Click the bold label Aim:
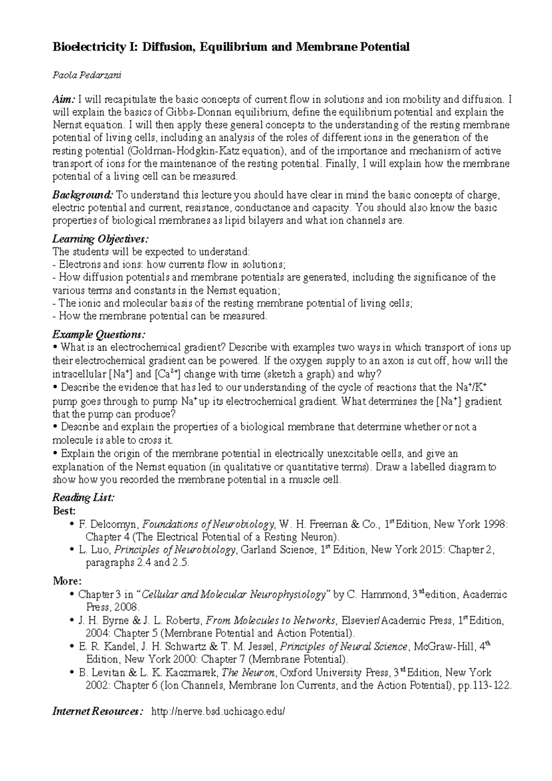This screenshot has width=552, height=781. [64, 99]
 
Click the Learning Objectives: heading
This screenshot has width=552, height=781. [100, 239]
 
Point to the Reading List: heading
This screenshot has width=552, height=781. [83, 498]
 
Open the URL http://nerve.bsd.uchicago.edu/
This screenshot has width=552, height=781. [218, 712]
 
